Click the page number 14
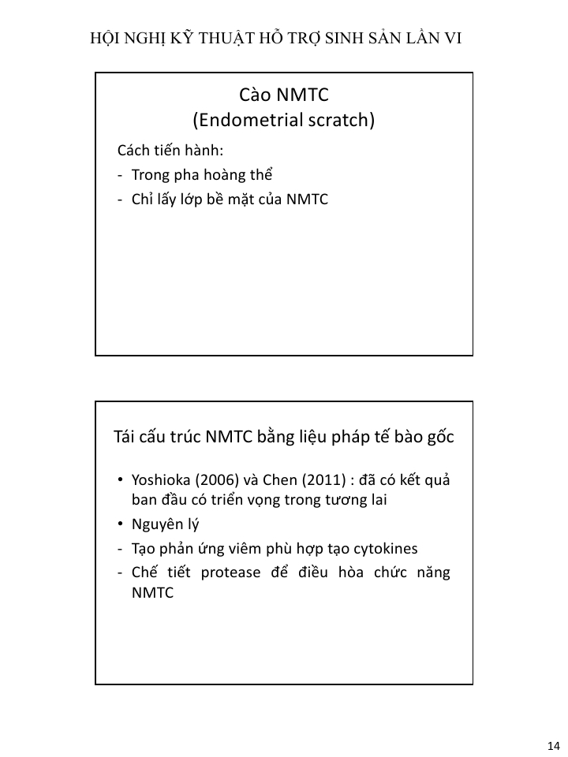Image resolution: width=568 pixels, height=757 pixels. (x=552, y=746)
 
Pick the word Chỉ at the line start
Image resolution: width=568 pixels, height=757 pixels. (x=143, y=200)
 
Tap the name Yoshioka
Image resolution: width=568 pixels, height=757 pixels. (x=163, y=481)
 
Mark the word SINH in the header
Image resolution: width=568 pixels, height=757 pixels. (x=334, y=37)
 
